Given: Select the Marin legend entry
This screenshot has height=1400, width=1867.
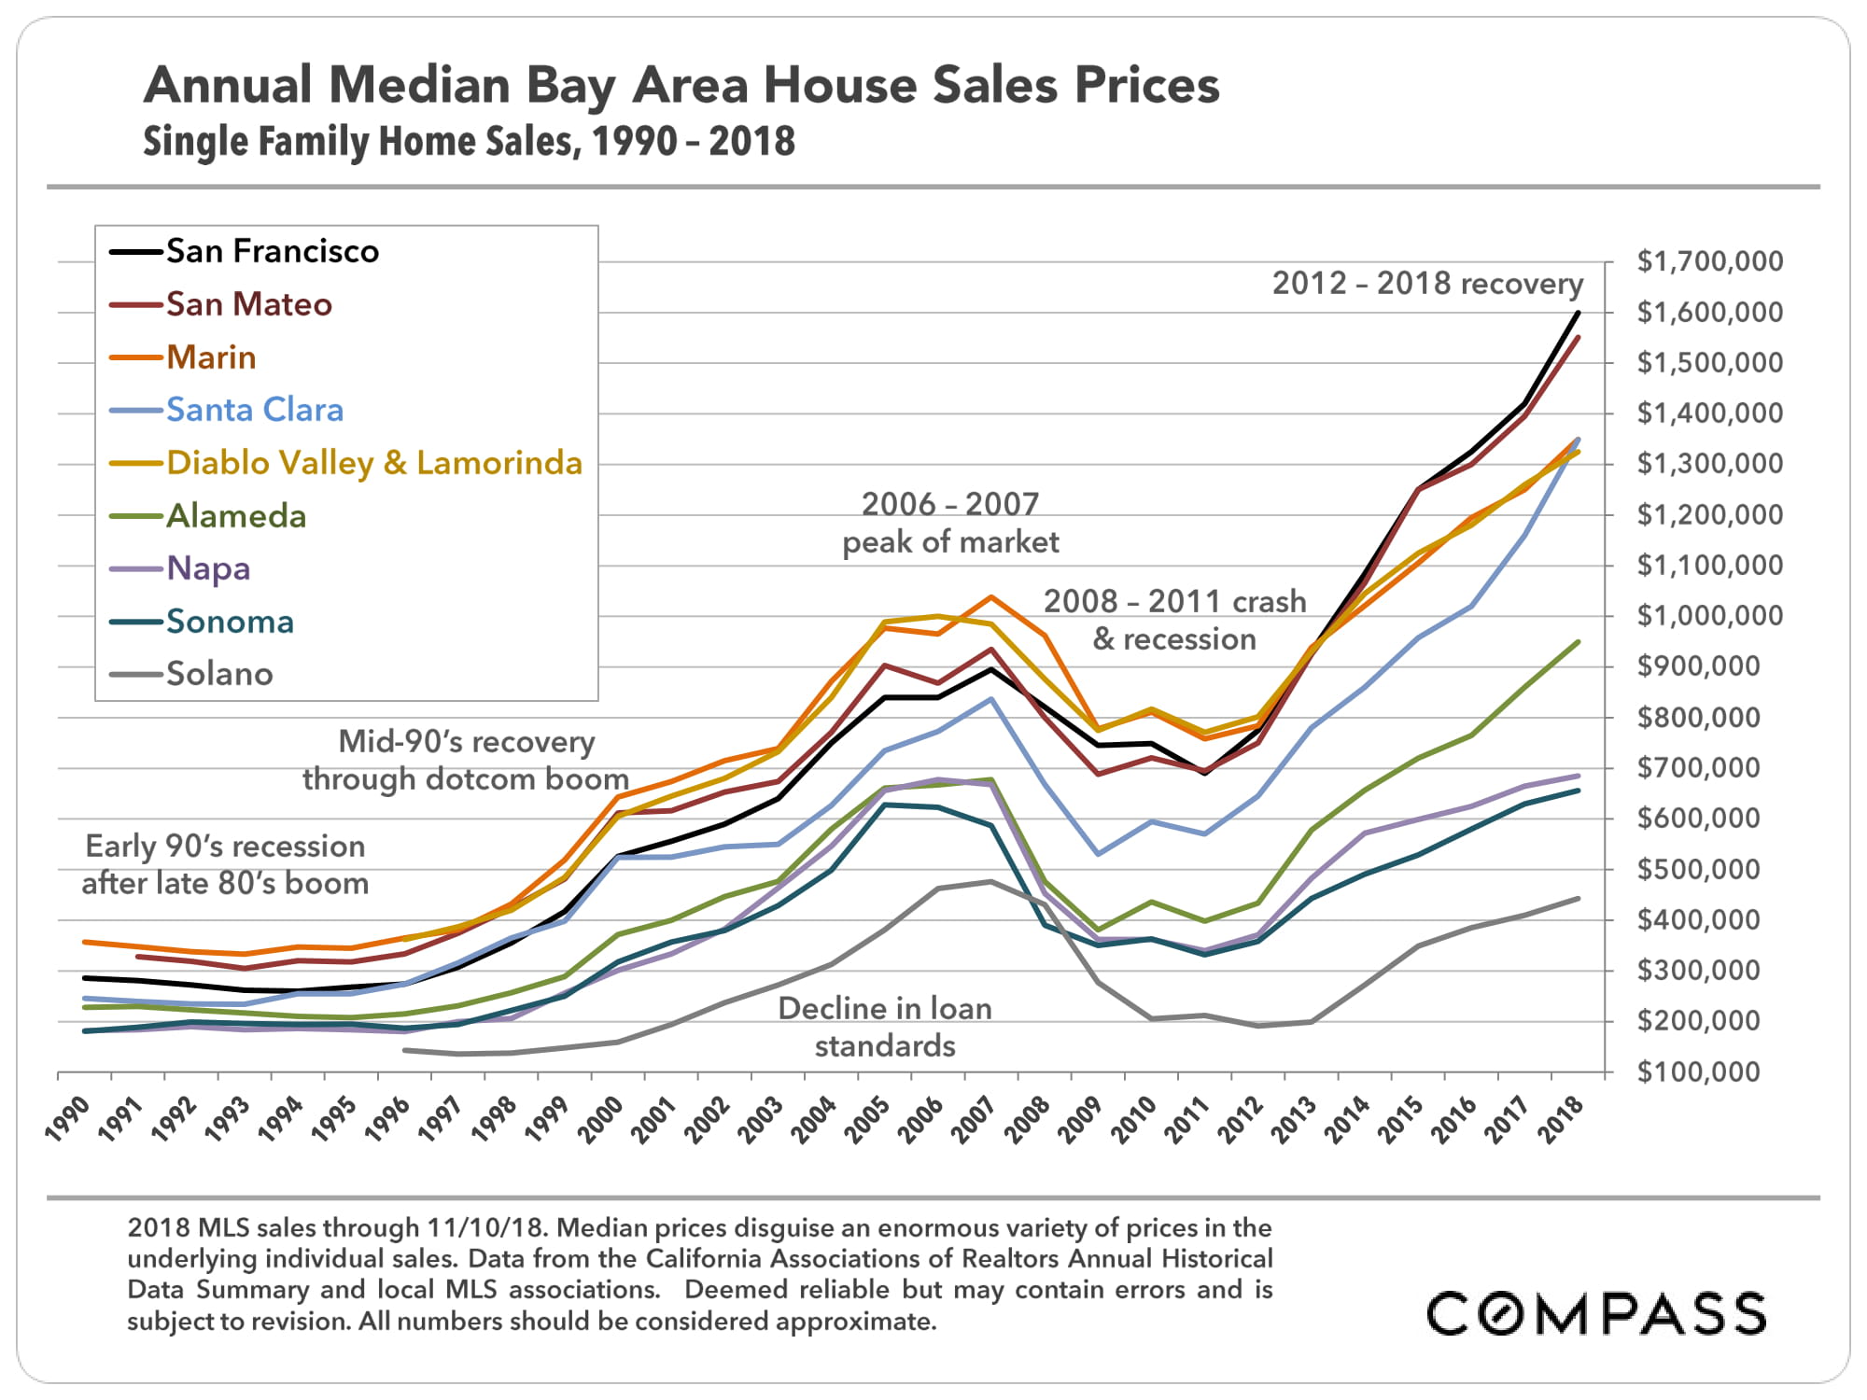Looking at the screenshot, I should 211,357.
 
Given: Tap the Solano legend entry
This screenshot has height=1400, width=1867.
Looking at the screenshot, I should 219,674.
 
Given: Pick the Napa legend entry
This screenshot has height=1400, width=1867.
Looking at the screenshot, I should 208,568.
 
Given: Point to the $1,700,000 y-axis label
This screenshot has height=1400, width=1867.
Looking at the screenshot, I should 1709,261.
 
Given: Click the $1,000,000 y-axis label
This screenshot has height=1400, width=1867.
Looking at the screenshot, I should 1709,616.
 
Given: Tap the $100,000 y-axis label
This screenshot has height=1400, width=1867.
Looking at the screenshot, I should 1709,1071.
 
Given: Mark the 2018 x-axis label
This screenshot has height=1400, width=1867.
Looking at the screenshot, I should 1562,1118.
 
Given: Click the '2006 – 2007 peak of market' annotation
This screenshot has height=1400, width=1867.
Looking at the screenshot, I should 950,523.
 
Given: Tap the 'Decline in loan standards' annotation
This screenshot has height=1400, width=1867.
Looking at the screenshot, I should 885,1027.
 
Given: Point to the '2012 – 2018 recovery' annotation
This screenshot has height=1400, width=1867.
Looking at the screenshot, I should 1427,283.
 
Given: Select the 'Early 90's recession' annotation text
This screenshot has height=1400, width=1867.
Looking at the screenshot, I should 225,864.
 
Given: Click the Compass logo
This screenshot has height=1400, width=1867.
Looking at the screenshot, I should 1596,1313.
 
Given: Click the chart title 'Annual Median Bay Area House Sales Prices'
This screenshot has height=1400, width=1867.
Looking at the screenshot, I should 681,85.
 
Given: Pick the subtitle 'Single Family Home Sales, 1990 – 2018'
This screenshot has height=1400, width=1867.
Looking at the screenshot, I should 469,142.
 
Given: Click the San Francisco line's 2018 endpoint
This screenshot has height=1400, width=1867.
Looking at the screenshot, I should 1578,312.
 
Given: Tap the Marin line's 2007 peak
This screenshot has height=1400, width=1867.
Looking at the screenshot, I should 990,596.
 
